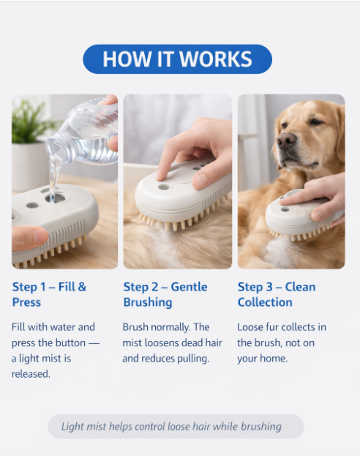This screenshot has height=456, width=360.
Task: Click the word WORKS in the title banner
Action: [x=215, y=59]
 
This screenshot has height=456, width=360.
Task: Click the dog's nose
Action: [x=286, y=139]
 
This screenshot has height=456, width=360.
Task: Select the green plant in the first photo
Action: [x=30, y=122]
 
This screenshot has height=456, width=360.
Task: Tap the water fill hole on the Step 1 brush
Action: [x=56, y=198]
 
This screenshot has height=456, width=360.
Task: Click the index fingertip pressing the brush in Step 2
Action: [x=161, y=175]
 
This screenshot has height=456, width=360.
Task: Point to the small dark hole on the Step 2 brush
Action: [x=164, y=187]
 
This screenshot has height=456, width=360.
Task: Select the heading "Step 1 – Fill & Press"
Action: [x=49, y=294]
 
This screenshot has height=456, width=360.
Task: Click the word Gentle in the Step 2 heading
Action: [x=189, y=287]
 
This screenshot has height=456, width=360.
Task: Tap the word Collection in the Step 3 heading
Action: [x=265, y=302]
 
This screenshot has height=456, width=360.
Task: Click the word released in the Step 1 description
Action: [x=31, y=374]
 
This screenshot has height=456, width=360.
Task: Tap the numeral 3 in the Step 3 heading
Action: [x=269, y=287]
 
